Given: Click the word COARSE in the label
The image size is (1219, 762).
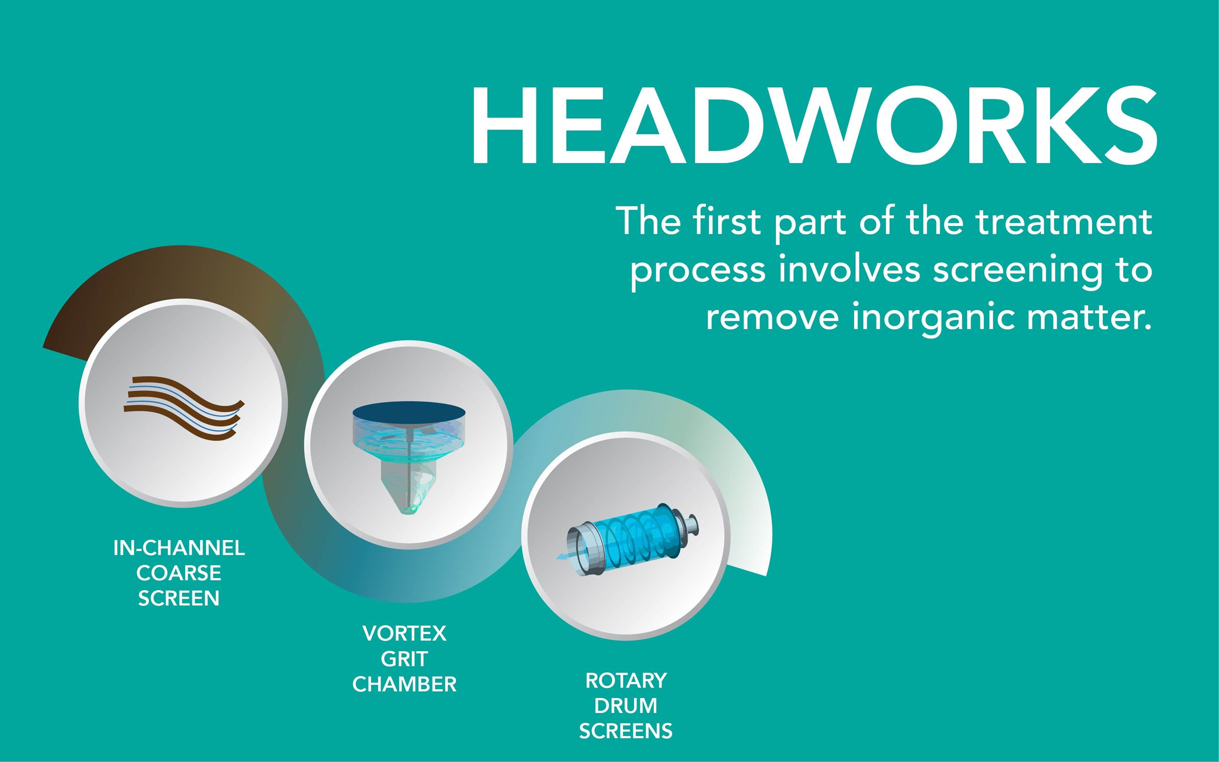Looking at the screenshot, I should tap(179, 573).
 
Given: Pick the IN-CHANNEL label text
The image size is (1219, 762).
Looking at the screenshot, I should tap(179, 548).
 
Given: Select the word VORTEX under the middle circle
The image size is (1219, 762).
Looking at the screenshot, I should tap(405, 634).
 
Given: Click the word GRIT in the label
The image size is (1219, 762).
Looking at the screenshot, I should tap(405, 659).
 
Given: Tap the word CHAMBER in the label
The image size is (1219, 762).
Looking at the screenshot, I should tap(405, 684).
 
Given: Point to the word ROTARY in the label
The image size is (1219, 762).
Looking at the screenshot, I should tap(626, 681).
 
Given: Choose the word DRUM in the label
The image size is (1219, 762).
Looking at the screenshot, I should tap(626, 706).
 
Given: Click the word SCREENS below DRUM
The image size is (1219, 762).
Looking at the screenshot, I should tap(626, 731).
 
